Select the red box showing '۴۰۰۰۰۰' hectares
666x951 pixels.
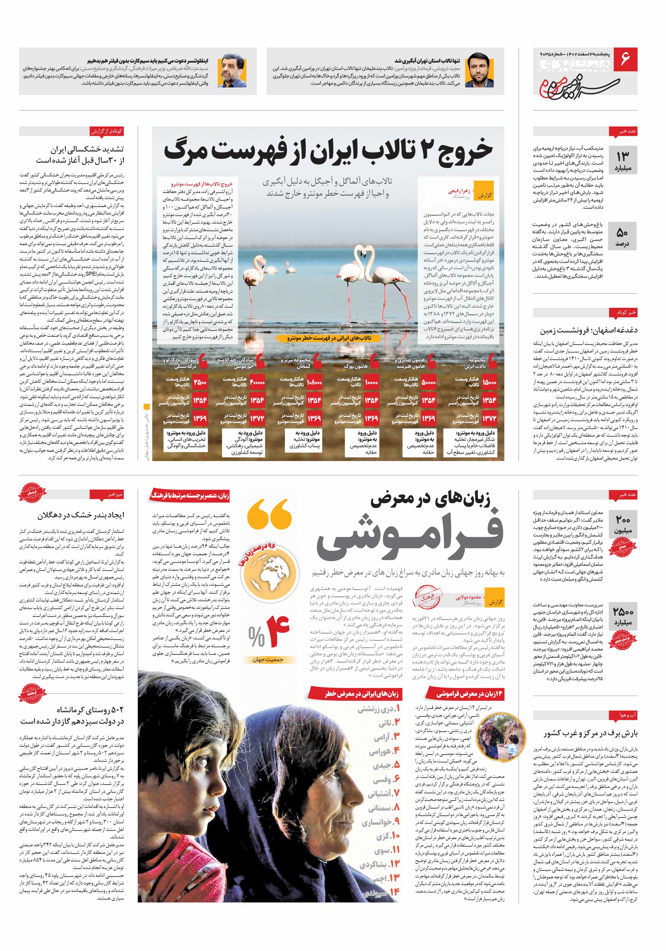point(257,382)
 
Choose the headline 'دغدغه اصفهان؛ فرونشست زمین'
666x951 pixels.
point(589,330)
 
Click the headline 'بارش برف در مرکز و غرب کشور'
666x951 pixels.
point(591,733)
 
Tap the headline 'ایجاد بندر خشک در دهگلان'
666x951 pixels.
point(81,516)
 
